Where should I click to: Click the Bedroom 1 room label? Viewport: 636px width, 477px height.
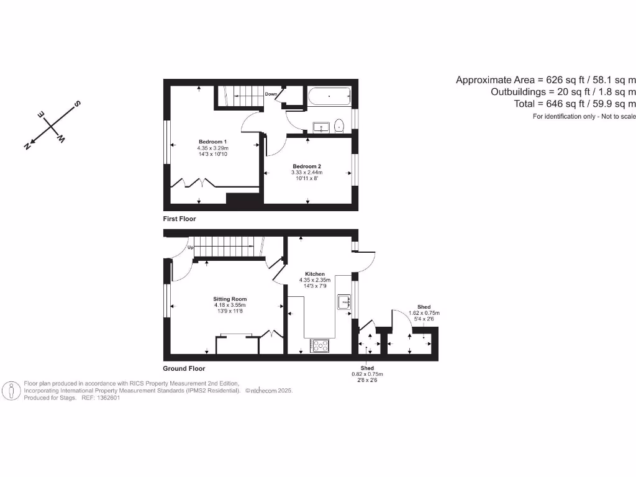click(212, 141)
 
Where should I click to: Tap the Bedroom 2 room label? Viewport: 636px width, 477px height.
click(307, 166)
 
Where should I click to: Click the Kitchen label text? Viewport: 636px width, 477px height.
click(315, 274)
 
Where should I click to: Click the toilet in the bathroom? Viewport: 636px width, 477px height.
click(339, 126)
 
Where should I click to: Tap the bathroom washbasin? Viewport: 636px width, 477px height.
click(320, 127)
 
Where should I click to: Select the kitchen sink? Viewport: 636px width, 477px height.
click(344, 302)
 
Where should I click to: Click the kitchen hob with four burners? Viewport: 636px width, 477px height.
click(320, 345)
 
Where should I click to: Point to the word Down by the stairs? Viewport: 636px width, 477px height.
click(271, 94)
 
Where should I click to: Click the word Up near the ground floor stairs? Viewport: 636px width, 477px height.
click(191, 248)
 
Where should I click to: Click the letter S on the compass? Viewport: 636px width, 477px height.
click(78, 103)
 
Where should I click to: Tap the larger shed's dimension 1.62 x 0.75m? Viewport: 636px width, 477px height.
click(424, 313)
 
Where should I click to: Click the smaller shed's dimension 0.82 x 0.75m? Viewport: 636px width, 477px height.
click(368, 374)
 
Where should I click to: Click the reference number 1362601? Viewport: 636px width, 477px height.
click(106, 398)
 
